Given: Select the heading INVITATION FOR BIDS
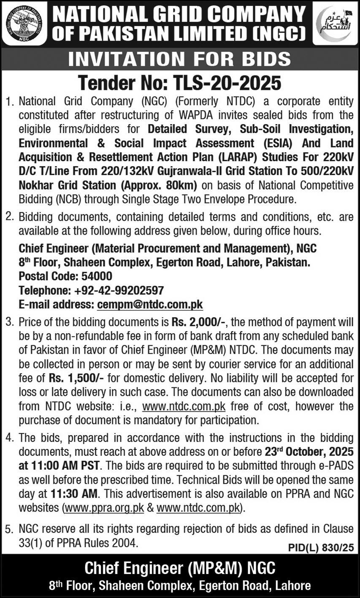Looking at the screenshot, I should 180,59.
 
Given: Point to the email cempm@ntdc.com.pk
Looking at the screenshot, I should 150,304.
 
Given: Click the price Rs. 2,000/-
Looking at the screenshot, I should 199,323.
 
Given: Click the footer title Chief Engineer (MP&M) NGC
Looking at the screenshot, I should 180,568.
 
